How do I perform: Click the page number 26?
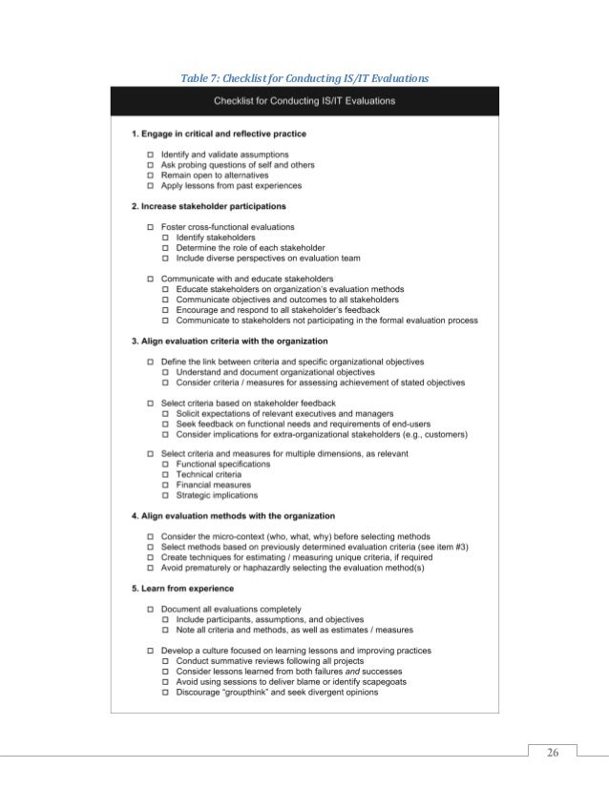[x=551, y=754]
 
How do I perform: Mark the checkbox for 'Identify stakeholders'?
[x=166, y=238]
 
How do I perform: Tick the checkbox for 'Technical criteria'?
[x=166, y=474]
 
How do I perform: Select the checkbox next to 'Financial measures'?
[x=166, y=485]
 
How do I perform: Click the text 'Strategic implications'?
[x=217, y=495]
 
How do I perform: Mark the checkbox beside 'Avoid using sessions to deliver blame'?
[x=166, y=682]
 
